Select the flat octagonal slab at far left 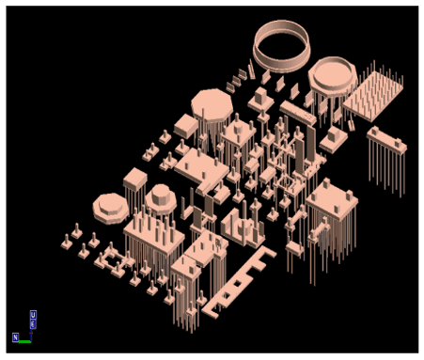tap(111, 206)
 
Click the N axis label tap(16, 336)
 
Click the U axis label tap(33, 315)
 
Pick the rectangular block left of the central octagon tap(184, 123)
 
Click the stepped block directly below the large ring tap(260, 93)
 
